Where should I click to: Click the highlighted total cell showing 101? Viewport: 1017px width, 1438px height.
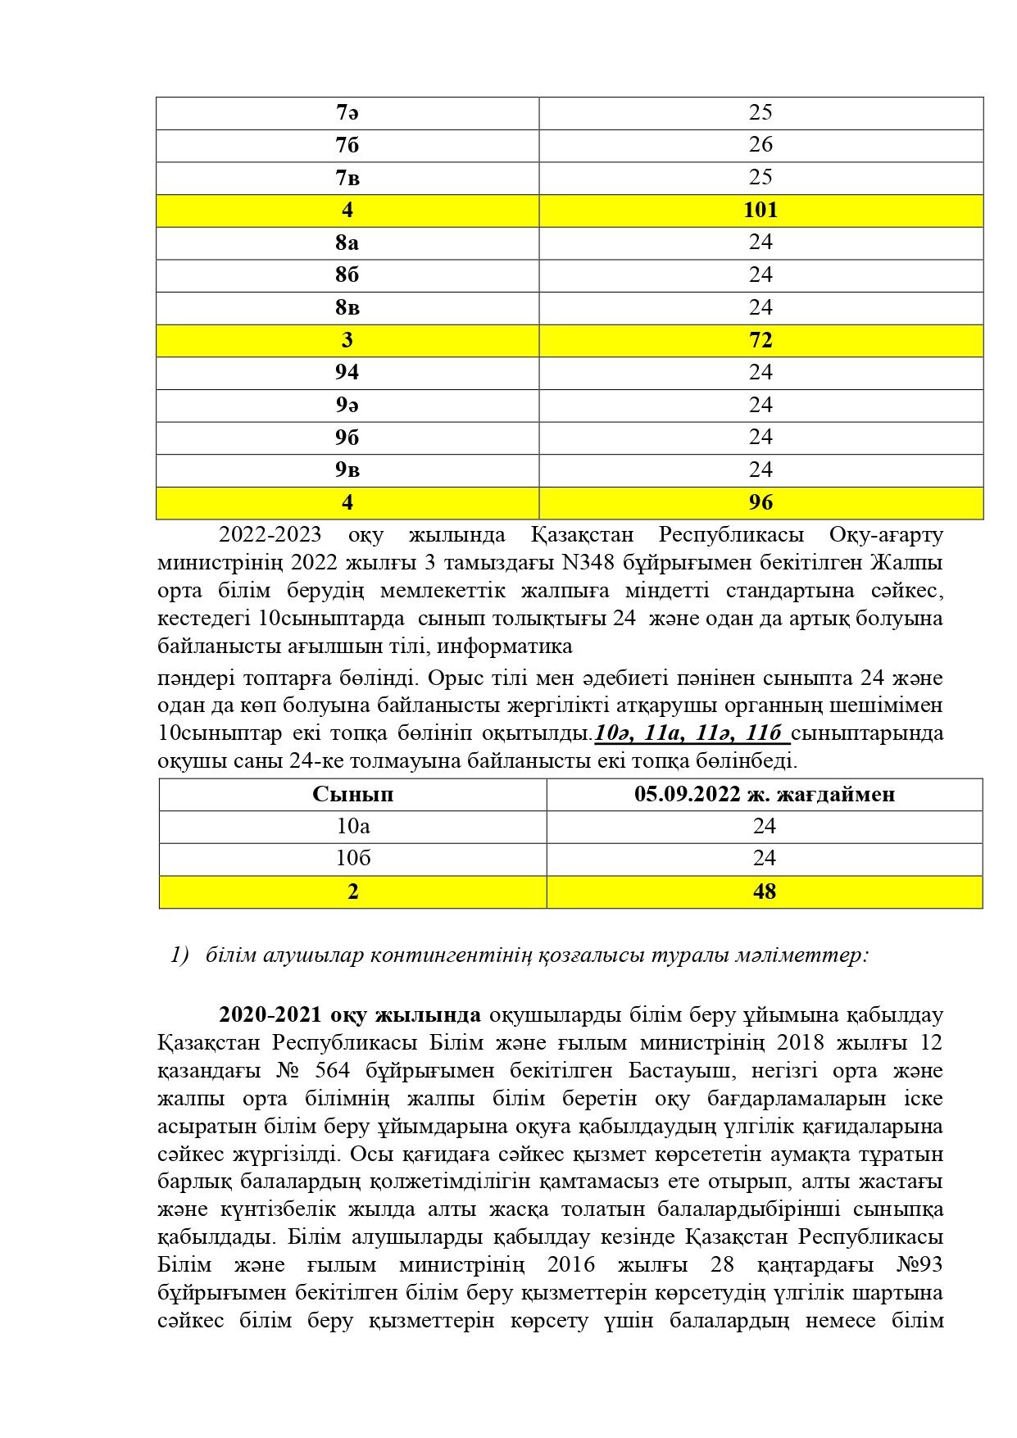click(760, 211)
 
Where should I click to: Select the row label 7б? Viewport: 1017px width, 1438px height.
click(347, 145)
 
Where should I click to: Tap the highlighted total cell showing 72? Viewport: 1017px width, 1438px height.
click(760, 340)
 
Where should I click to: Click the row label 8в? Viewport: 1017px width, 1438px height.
click(347, 308)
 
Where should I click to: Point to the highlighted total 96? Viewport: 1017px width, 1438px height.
click(760, 502)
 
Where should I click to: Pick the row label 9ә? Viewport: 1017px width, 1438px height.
click(347, 405)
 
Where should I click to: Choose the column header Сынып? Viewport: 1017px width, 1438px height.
click(352, 795)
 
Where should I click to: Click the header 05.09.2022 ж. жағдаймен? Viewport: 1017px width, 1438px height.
click(764, 795)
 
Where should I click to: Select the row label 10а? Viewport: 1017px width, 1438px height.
click(352, 827)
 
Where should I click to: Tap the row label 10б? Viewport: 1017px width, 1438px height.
click(352, 859)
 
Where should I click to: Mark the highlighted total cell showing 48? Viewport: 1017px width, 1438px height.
click(764, 891)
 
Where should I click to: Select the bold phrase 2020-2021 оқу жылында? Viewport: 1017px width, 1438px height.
click(350, 1015)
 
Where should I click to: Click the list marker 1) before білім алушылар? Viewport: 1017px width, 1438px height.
click(180, 955)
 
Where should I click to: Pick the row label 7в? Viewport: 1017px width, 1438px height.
click(347, 178)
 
